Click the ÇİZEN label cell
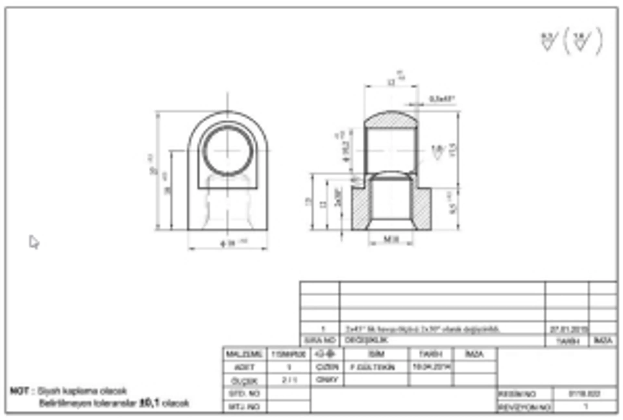(327, 367)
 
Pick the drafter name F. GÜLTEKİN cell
(373, 367)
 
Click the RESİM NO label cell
(517, 394)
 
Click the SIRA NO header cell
(320, 340)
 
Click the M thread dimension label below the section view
(391, 239)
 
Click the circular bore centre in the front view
(227, 151)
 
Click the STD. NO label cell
(244, 394)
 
